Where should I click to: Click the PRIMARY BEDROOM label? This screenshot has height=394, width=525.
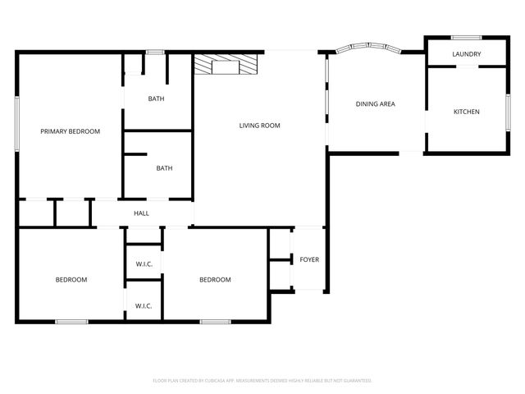[71, 131]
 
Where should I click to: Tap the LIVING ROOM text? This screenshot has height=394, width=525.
[259, 126]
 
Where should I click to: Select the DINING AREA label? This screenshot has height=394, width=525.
[375, 104]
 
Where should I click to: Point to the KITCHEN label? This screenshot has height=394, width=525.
[467, 112]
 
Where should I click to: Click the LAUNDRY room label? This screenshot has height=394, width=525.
[467, 55]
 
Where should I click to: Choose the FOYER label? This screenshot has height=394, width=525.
[309, 260]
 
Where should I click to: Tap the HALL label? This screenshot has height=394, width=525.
[142, 213]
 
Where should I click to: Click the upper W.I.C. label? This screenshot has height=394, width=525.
[144, 263]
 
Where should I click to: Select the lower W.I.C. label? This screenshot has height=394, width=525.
[144, 306]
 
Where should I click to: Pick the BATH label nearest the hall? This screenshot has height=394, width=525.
[164, 168]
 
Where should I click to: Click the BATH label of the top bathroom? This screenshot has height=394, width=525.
[156, 99]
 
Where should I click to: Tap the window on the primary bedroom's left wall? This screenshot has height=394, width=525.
[16, 123]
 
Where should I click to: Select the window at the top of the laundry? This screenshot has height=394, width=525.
[466, 37]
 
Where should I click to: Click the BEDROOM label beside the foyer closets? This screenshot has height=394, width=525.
[215, 280]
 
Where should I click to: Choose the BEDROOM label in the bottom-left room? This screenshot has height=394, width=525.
[71, 280]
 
